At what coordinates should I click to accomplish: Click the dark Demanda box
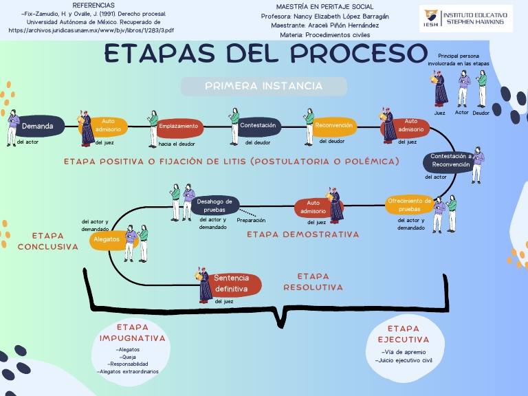[38, 126]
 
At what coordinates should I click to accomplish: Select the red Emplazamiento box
[179, 126]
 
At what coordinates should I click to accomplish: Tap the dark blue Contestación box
[258, 126]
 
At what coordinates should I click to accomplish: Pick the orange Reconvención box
[334, 125]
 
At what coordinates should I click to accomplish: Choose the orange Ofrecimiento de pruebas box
[409, 205]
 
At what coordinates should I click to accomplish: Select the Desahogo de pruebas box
[214, 205]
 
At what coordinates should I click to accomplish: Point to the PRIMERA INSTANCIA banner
[263, 86]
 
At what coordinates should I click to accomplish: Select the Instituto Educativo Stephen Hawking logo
[465, 19]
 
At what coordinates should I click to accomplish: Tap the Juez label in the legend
[439, 113]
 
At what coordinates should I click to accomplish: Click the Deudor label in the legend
[481, 113]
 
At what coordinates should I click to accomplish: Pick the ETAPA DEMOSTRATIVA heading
[302, 234]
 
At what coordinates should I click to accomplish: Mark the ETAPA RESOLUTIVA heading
[313, 281]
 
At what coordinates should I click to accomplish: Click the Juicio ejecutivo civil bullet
[404, 360]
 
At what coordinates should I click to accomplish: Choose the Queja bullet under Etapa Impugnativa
[127, 357]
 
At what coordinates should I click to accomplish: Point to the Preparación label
[251, 221]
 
